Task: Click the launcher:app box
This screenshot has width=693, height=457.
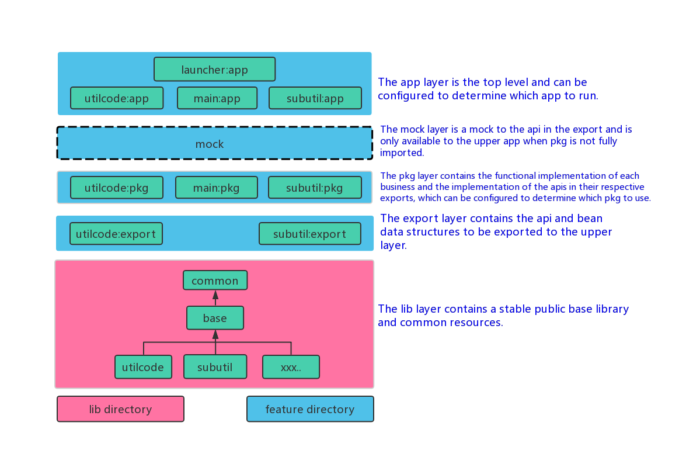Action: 214,70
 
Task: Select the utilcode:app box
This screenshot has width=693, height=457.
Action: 116,98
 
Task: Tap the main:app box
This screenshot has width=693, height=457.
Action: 217,98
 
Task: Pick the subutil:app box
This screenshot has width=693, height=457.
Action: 315,98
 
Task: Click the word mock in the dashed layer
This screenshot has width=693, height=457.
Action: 210,144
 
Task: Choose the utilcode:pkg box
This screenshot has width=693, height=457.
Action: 116,188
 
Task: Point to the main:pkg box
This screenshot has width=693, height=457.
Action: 216,188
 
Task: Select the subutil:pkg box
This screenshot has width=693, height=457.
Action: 315,188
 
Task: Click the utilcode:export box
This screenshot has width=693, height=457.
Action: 116,234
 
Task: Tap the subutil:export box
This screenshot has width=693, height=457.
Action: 309,234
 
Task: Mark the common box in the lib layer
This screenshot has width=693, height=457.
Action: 215,281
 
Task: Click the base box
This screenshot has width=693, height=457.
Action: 215,318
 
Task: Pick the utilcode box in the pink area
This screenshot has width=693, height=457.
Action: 144,367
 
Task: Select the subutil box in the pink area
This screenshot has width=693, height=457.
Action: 215,367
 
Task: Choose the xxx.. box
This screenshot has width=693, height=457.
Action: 291,367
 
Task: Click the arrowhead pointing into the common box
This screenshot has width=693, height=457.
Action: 215,294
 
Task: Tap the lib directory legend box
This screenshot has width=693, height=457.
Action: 120,409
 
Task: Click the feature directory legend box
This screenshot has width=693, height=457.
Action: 309,409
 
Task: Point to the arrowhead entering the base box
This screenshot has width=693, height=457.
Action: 215,334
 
